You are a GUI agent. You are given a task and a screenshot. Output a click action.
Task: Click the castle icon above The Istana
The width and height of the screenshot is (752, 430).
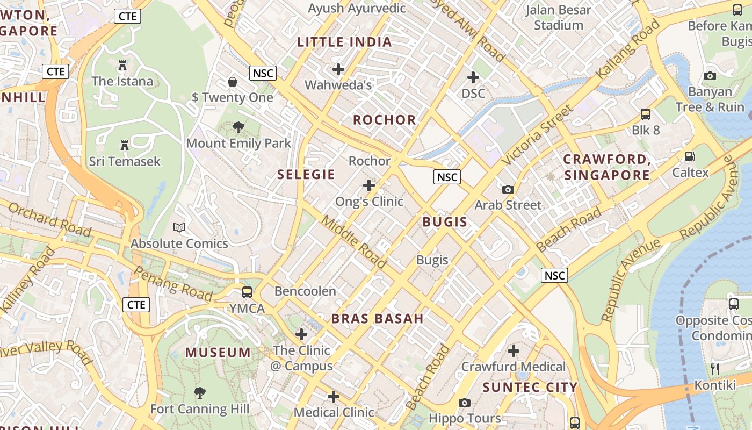[x=122, y=66]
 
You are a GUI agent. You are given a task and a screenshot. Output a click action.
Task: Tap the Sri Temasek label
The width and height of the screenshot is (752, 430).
[x=125, y=161]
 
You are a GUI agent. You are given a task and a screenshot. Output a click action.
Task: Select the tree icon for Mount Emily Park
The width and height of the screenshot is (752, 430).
[x=238, y=128]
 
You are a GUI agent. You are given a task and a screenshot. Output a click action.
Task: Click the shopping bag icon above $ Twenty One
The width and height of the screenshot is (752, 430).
[x=233, y=82]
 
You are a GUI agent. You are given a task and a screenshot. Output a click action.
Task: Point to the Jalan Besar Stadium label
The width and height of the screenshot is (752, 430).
[x=559, y=17]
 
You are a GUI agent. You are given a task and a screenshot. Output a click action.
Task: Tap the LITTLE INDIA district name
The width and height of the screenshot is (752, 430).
[x=344, y=42]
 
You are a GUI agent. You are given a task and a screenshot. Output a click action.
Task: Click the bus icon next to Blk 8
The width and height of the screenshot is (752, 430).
[x=646, y=114]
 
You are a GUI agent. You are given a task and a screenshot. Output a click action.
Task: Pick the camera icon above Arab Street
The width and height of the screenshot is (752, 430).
[x=508, y=189]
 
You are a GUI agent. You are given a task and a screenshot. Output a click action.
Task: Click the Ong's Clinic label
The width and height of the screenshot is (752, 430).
[x=369, y=202]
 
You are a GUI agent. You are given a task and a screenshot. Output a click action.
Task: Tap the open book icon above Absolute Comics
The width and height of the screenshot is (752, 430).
[x=179, y=228]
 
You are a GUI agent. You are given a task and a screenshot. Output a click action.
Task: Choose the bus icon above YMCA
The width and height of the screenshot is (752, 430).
[x=247, y=292]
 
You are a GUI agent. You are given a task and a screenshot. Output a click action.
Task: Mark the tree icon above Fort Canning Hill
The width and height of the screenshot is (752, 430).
[x=199, y=393]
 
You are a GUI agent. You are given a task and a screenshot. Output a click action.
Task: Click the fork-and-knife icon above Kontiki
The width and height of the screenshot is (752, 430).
[x=715, y=369]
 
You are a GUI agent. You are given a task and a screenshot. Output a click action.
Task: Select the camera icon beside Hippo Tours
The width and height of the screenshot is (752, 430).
[x=465, y=403]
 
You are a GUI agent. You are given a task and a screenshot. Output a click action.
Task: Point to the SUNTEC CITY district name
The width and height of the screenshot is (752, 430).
[x=530, y=387]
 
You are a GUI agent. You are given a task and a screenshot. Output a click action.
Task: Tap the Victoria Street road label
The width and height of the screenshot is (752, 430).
[x=538, y=134]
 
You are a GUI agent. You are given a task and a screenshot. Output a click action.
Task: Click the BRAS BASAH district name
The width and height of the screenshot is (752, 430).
[x=378, y=318]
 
